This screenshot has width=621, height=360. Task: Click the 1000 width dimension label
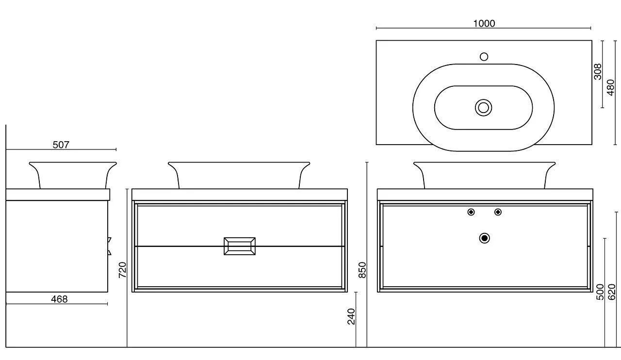tap(484, 23)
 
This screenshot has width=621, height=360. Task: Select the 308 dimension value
tap(598, 72)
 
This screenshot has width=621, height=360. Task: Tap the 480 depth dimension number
tap(611, 88)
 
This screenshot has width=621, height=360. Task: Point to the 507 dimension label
tap(61, 145)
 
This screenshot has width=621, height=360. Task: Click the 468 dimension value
tap(59, 299)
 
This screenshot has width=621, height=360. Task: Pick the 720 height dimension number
tap(122, 270)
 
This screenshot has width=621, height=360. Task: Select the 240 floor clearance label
tap(351, 316)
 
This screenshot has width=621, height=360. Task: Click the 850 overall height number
tap(362, 270)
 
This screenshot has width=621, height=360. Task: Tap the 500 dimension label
tap(600, 292)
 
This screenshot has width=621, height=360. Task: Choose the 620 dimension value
tap(612, 292)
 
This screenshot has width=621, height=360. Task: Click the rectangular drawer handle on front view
tap(239, 246)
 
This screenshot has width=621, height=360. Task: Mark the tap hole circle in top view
tap(484, 57)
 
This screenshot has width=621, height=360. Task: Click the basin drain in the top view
tap(483, 107)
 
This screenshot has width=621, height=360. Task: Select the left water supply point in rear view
tap(471, 212)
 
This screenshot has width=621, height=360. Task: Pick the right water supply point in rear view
tap(498, 212)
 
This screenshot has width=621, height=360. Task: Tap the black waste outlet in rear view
tap(484, 238)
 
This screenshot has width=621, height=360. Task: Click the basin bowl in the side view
tap(73, 175)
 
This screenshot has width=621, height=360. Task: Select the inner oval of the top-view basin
tap(456, 108)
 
